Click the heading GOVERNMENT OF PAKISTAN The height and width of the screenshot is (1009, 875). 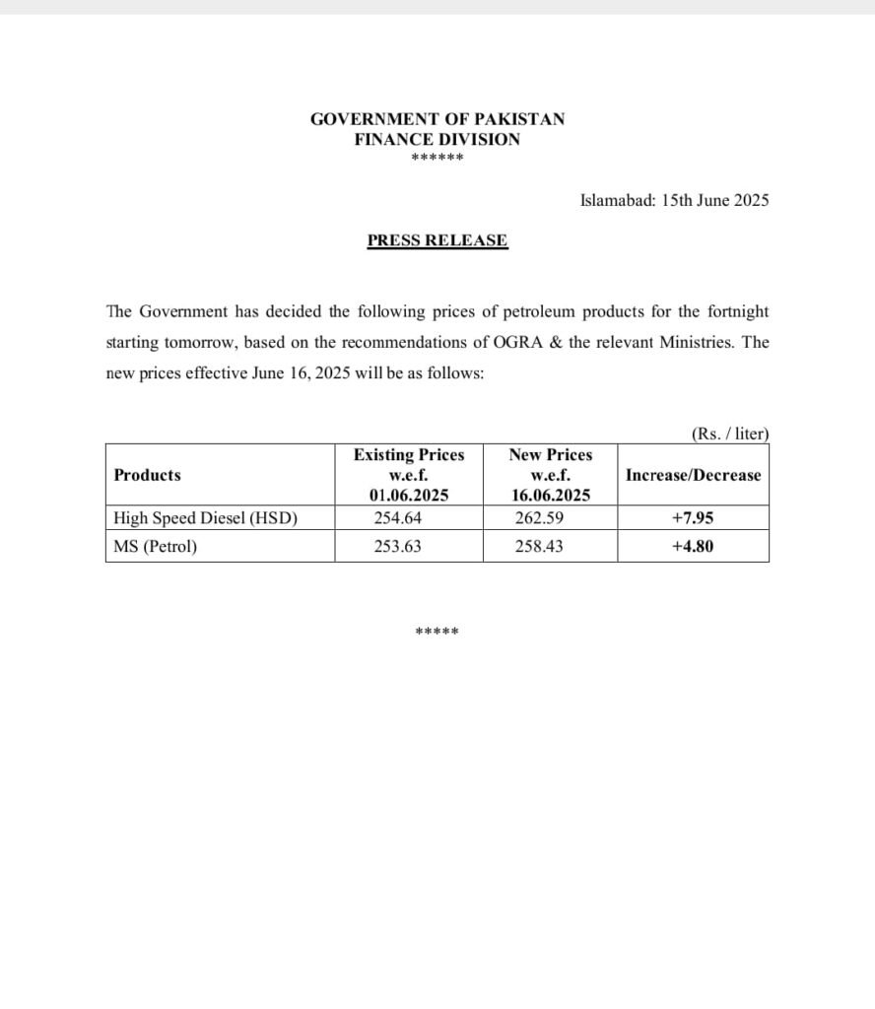click(437, 119)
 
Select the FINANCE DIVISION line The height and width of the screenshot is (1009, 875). click(437, 140)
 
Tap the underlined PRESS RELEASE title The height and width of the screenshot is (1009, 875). click(437, 240)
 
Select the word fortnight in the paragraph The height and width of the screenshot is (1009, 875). click(732, 311)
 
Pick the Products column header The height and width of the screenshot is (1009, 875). click(148, 475)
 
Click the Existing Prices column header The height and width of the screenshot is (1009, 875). click(409, 475)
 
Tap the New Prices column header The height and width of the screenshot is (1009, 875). click(551, 475)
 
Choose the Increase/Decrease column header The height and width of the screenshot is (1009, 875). click(693, 475)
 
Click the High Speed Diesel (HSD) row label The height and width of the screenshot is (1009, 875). click(206, 517)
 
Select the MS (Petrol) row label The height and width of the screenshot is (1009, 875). click(156, 546)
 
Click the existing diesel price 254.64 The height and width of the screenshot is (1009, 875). click(398, 517)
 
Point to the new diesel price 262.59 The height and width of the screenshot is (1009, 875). click(539, 517)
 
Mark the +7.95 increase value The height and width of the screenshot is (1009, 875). click(693, 517)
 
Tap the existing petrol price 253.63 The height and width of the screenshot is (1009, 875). click(398, 546)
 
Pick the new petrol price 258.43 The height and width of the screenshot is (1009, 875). click(539, 546)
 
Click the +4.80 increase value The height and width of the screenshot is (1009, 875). click(693, 546)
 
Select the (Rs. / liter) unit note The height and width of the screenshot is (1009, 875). click(730, 434)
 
